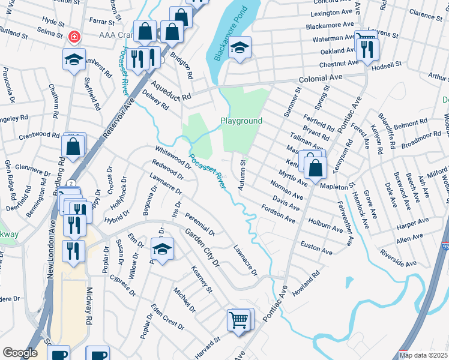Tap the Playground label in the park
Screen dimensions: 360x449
(241, 121)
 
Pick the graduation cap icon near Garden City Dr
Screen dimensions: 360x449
(161, 248)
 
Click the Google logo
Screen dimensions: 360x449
(20, 353)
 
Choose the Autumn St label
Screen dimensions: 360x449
(242, 175)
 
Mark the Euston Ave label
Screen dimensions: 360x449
(316, 247)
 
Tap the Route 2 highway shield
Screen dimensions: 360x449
(71, 182)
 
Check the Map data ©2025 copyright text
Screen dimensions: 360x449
(423, 355)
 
